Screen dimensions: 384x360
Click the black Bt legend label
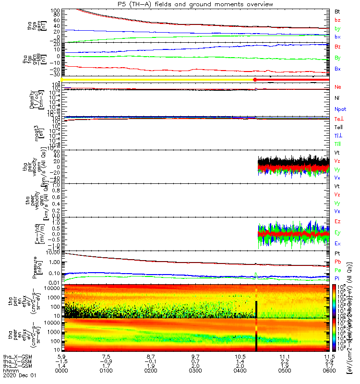point(337,11)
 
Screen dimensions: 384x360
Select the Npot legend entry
point(340,109)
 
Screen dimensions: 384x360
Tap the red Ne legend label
point(338,87)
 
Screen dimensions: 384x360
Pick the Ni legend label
point(337,98)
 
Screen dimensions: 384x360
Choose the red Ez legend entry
point(338,221)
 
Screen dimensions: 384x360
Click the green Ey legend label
point(338,232)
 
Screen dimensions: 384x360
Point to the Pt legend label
point(337,253)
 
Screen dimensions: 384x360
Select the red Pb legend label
point(338,262)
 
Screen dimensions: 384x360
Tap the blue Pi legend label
point(337,278)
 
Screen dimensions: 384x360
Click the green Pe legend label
point(338,270)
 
